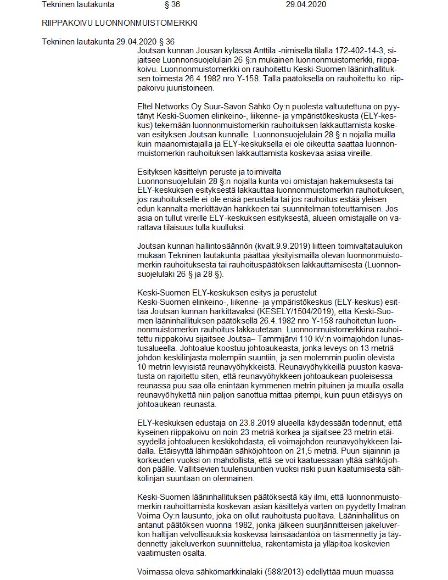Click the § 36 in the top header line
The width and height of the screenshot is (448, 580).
click(x=171, y=5)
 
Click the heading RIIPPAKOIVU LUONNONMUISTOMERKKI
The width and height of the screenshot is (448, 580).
click(x=119, y=24)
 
